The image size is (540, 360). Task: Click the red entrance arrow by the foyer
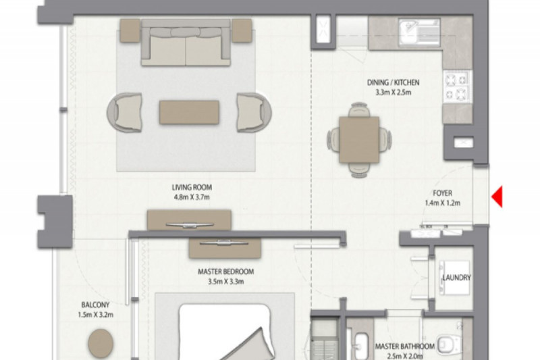point(497,197)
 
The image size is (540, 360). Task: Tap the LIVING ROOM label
point(192,187)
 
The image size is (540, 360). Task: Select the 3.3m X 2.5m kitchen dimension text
point(393,93)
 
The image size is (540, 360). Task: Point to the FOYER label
point(442,193)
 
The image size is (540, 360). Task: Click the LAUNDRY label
point(456,278)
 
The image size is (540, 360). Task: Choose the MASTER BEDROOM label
point(226,272)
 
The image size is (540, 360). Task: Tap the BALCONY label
point(95,305)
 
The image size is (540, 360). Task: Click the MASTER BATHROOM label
point(404,346)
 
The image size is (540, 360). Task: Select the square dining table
point(359,140)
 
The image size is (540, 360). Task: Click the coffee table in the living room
point(189,112)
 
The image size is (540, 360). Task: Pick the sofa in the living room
point(186,43)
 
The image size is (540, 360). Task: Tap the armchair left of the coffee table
point(124,112)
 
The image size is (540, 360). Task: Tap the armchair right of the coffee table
point(254,112)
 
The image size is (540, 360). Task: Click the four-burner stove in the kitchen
point(458,86)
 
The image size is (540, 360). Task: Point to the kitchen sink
point(418,32)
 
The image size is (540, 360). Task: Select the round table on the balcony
point(101,343)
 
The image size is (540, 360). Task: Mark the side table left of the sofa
point(130,30)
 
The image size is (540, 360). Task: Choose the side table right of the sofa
point(242,30)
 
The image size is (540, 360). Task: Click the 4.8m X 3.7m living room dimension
point(192,197)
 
